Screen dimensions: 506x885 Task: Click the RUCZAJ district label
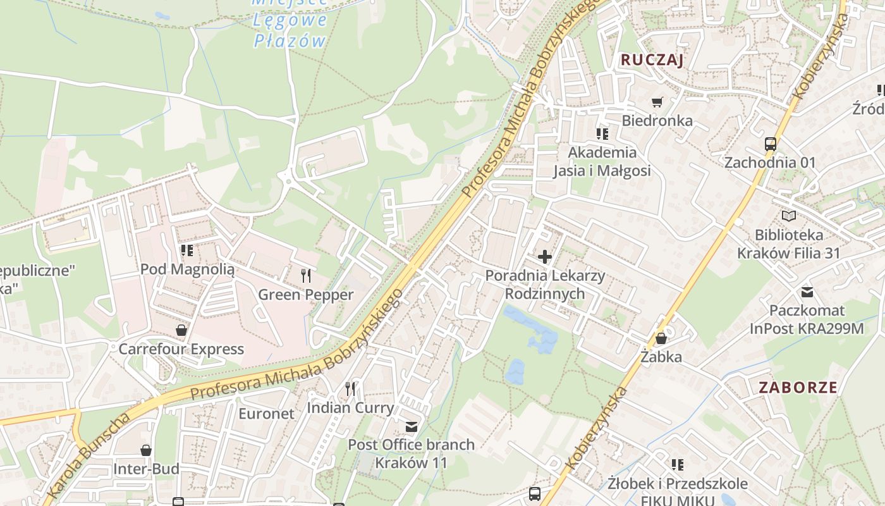[652, 60]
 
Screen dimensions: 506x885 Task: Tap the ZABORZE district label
[798, 388]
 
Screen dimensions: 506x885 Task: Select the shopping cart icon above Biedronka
[657, 102]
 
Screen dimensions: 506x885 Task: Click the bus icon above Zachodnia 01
[770, 144]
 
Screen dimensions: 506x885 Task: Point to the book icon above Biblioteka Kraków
[788, 216]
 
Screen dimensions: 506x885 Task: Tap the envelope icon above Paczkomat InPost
[807, 292]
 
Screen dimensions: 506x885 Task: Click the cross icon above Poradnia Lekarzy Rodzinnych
[544, 257]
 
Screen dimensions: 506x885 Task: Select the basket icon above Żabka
[661, 338]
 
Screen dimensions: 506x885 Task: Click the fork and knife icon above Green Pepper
[306, 275]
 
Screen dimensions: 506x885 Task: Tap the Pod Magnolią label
[187, 269]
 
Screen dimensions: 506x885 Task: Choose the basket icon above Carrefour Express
[181, 330]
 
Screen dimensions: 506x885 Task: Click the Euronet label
[266, 414]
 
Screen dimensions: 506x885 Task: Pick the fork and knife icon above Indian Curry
[350, 388]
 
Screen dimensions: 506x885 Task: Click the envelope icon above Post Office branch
[412, 426]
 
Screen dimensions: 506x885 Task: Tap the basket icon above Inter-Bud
[146, 450]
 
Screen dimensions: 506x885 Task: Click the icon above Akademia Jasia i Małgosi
[602, 133]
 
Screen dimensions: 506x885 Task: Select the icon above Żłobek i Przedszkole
[678, 465]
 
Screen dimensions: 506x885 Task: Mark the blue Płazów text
[290, 41]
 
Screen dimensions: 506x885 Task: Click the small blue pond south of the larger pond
[515, 371]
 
